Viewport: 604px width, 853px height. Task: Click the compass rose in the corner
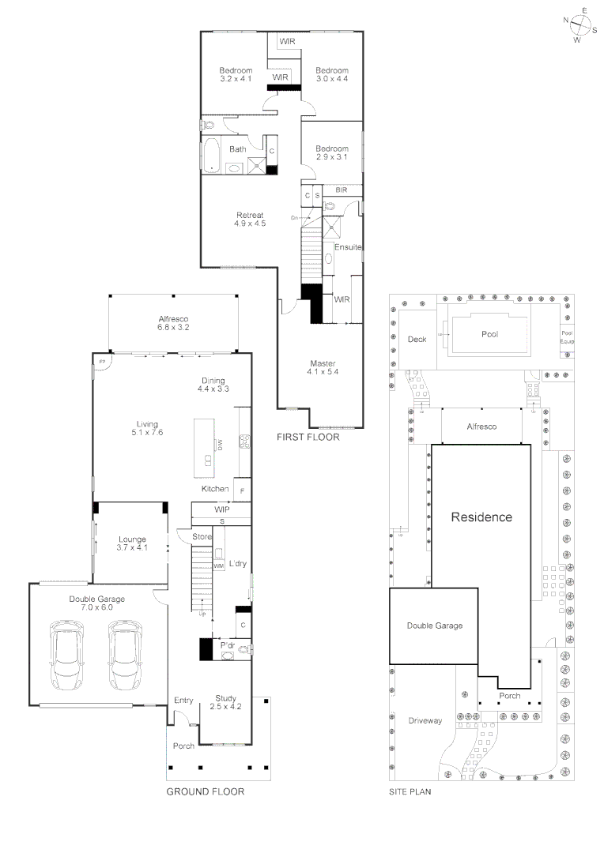(x=581, y=24)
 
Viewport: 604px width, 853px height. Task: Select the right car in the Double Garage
(x=126, y=653)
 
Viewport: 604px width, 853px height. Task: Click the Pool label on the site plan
(x=489, y=334)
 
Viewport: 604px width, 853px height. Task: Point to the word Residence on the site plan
(x=481, y=518)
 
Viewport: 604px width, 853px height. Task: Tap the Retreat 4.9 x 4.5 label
(x=250, y=220)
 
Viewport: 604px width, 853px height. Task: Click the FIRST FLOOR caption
(x=308, y=437)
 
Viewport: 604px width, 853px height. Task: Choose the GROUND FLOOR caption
(x=205, y=791)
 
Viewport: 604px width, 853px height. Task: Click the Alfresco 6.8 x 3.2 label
(x=174, y=323)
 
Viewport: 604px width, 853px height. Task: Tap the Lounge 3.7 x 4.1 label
(x=132, y=543)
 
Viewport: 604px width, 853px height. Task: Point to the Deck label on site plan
(x=417, y=340)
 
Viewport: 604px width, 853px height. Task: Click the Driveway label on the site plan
(x=424, y=721)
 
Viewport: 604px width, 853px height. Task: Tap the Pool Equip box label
(x=567, y=338)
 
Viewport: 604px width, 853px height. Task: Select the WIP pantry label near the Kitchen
(x=222, y=510)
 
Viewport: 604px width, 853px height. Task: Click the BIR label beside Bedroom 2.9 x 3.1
(x=342, y=190)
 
